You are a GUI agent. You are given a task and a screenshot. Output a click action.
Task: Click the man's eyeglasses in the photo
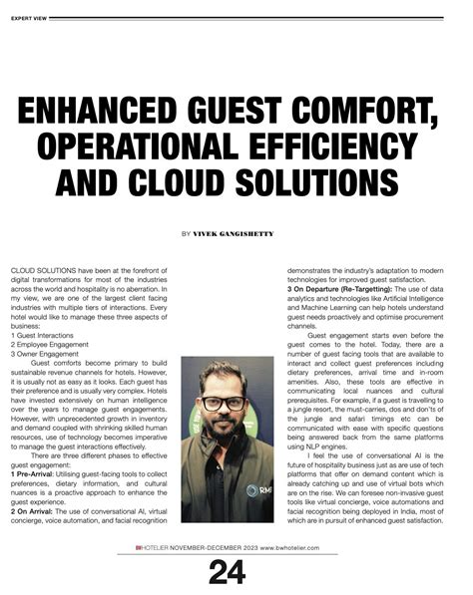pos(225,404)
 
